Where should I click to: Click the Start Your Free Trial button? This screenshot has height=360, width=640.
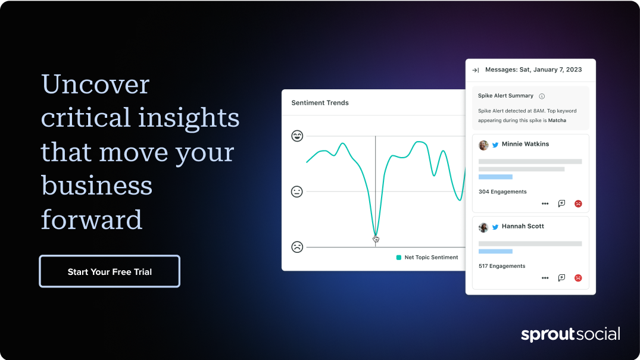click(110, 271)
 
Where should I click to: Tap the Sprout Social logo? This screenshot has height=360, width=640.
click(570, 334)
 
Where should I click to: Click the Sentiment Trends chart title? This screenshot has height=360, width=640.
click(320, 103)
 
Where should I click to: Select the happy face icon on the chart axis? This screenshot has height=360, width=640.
click(297, 136)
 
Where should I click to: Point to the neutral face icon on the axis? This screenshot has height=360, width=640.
click(296, 192)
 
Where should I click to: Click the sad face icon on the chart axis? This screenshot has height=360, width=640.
click(297, 247)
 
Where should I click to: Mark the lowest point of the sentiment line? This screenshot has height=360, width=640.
click(376, 236)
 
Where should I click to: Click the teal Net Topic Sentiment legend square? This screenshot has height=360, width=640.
click(399, 258)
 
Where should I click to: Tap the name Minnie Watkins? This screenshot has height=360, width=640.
click(525, 144)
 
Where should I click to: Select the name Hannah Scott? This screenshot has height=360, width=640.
click(523, 226)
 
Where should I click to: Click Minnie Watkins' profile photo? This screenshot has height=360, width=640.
click(483, 145)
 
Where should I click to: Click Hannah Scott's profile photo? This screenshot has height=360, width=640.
click(483, 227)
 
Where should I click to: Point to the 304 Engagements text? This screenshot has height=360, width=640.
click(502, 192)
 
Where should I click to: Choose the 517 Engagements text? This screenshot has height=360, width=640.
click(502, 266)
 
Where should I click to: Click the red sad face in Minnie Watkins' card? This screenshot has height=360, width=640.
click(578, 204)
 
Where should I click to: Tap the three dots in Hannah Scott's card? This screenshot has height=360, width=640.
click(545, 278)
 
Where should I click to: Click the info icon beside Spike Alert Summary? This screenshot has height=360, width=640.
click(542, 96)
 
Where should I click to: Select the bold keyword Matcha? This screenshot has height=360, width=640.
click(557, 120)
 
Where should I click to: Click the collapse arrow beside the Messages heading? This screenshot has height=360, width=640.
click(476, 70)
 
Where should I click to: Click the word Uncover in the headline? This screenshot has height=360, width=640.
click(95, 84)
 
